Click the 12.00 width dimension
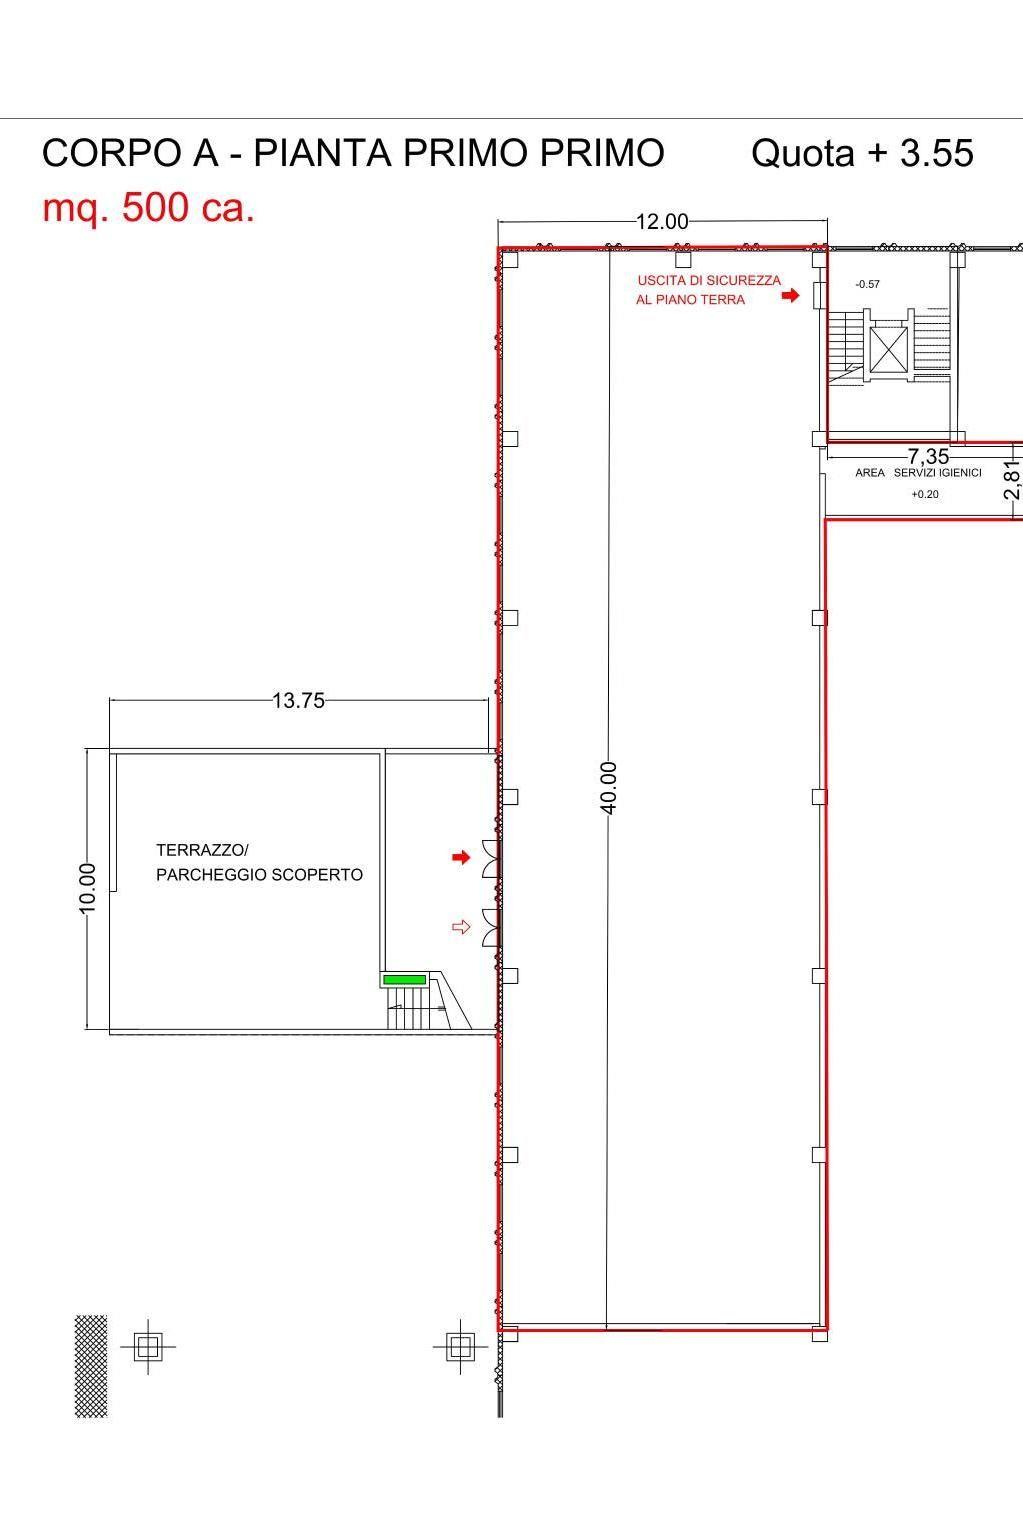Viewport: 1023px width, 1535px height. [662, 221]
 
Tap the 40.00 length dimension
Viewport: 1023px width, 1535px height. [608, 787]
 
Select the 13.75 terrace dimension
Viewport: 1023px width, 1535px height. [298, 700]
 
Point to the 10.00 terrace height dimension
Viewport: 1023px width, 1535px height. [88, 888]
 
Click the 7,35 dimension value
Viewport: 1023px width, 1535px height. [928, 456]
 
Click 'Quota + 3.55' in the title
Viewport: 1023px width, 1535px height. [862, 153]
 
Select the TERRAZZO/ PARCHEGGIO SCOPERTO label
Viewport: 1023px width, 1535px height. [259, 862]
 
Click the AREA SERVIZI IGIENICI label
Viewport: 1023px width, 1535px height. [918, 473]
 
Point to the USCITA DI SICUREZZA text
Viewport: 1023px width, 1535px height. [709, 280]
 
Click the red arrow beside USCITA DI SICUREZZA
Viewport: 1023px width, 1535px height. [791, 295]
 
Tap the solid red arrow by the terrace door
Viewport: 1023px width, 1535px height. [461, 857]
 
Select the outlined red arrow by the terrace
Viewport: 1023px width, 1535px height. [461, 927]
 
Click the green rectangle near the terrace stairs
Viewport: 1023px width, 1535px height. [404, 979]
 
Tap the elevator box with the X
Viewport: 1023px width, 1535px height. [889, 349]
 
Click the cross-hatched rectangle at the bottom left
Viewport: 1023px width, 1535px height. [91, 1366]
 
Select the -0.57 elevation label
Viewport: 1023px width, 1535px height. [867, 284]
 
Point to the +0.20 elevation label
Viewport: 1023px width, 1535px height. [925, 494]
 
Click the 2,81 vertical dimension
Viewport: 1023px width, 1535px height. [1013, 480]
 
